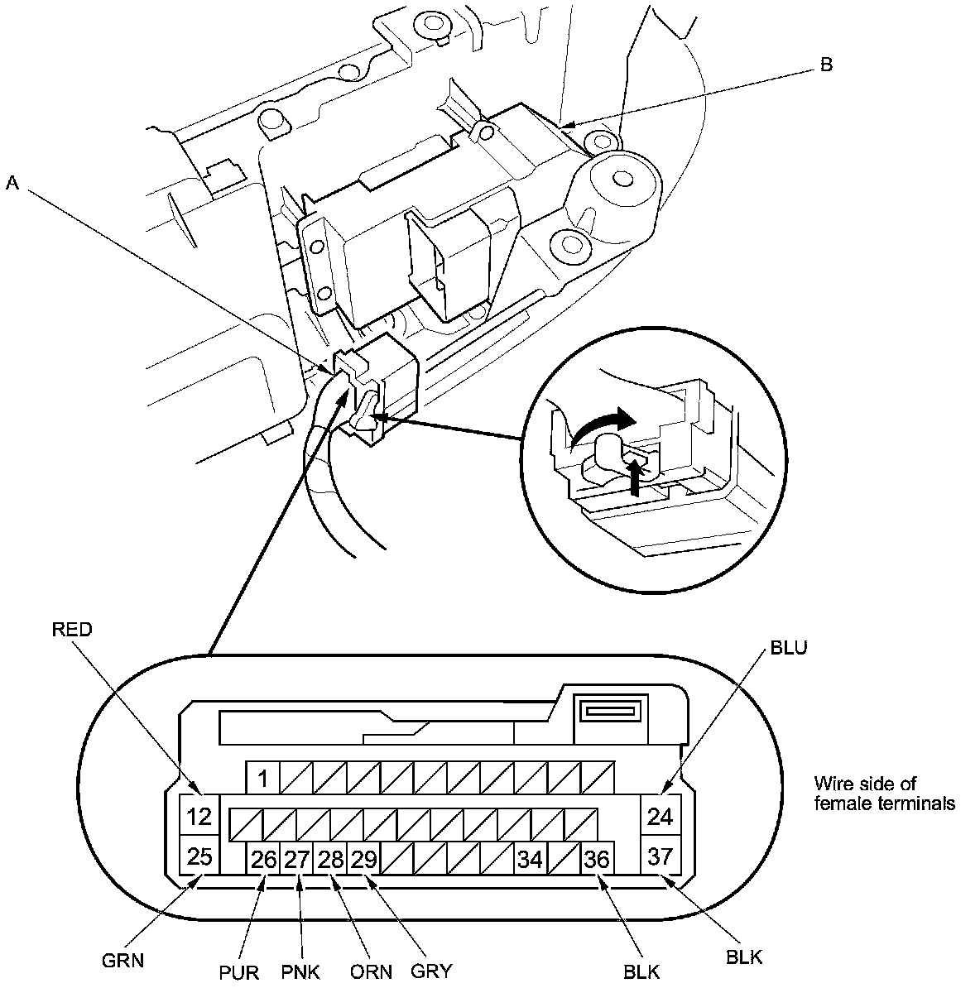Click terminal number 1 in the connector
(262, 779)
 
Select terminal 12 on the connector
(199, 817)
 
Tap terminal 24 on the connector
(660, 817)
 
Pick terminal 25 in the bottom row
(199, 856)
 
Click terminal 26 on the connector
(263, 860)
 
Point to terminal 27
(296, 860)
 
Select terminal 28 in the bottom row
(330, 860)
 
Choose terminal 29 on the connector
(363, 860)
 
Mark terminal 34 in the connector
(530, 860)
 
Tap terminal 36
(597, 860)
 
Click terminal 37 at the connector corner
(660, 856)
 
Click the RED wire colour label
(72, 630)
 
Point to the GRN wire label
(123, 961)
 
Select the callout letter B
(826, 65)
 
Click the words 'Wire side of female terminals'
(884, 793)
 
